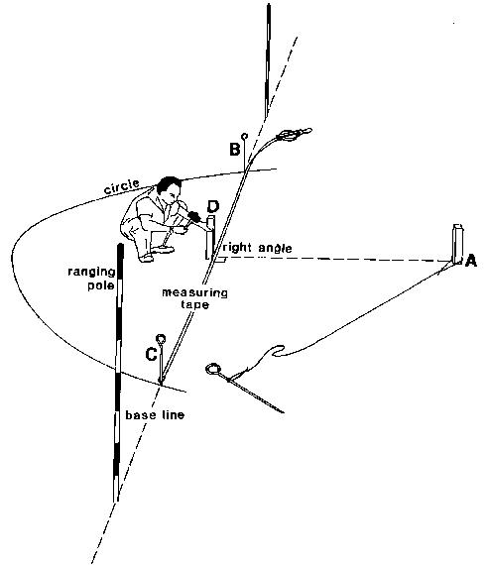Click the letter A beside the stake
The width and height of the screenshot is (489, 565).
tap(470, 260)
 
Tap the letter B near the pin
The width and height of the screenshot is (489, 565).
tap(235, 149)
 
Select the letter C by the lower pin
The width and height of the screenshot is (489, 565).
tap(151, 354)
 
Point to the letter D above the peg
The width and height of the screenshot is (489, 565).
tap(213, 206)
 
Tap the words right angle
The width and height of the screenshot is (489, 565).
tap(258, 248)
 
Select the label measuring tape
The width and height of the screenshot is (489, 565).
tap(194, 298)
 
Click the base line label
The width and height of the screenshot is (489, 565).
tap(155, 415)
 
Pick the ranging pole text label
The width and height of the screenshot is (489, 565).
tap(92, 279)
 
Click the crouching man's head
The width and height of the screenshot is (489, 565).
tap(170, 188)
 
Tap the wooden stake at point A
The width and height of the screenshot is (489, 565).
tap(457, 244)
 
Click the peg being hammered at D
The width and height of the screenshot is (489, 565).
tap(210, 237)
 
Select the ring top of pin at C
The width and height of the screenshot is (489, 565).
tap(161, 339)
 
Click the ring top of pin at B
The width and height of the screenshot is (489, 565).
tap(245, 136)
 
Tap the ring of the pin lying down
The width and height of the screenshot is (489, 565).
tap(213, 369)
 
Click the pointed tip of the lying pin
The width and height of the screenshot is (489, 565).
tap(284, 412)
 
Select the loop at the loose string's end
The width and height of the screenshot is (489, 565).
tap(279, 351)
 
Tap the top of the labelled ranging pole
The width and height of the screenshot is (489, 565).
tap(120, 246)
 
